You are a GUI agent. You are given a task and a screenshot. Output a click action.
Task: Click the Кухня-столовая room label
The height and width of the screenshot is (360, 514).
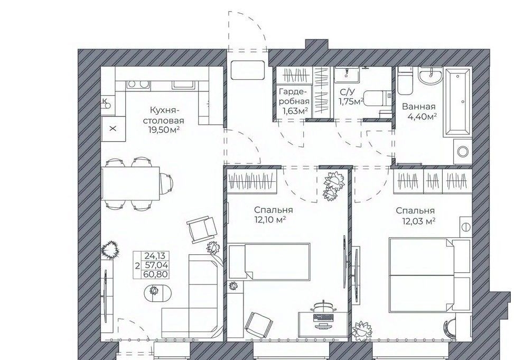click(x=166, y=115)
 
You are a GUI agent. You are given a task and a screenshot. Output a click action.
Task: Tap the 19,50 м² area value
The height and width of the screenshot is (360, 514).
click(x=164, y=130)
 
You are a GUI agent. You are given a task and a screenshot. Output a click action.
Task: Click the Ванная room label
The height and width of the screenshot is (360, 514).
click(x=418, y=107)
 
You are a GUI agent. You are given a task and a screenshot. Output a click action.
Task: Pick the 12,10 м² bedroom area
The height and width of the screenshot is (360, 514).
click(x=270, y=219)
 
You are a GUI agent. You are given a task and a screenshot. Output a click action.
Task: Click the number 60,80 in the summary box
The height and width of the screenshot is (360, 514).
click(x=156, y=274)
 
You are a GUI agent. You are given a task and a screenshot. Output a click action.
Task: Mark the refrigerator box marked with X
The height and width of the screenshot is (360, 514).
click(x=113, y=128)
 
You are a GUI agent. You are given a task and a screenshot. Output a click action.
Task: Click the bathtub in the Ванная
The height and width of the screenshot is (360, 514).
click(x=457, y=102)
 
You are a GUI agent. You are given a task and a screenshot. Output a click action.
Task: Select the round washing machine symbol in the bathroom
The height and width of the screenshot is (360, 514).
click(x=463, y=152)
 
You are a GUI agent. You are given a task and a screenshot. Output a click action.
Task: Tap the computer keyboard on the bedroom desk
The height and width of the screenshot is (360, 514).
click(x=323, y=317)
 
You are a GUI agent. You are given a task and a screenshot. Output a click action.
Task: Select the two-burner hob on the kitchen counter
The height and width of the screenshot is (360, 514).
click(x=138, y=85)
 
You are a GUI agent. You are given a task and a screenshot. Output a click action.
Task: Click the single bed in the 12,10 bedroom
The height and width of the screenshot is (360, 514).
click(x=269, y=262)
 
